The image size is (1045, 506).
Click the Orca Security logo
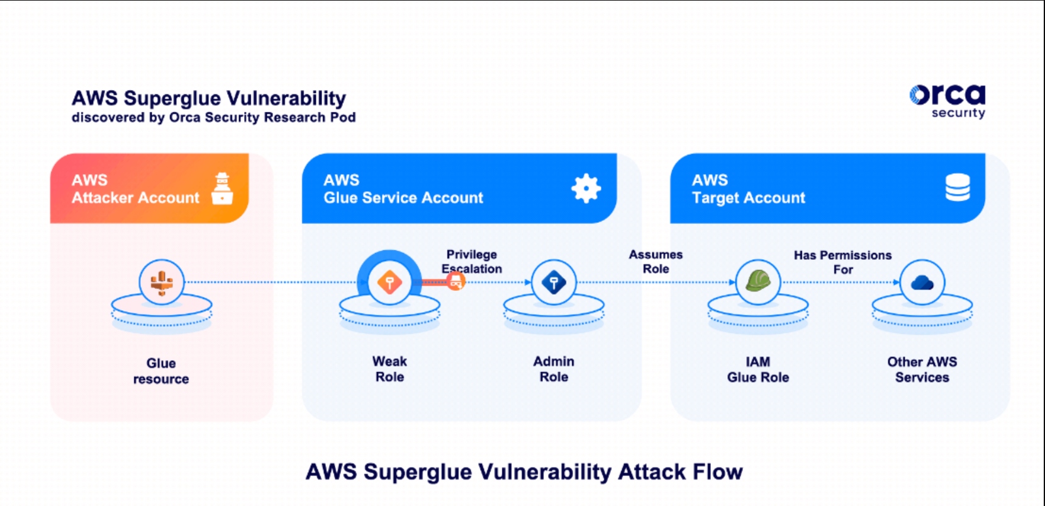[947, 101]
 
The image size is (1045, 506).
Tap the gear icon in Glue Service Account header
[586, 188]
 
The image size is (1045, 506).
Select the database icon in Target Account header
[957, 188]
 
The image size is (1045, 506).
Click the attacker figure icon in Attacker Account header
[222, 188]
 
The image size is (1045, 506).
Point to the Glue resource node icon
[162, 283]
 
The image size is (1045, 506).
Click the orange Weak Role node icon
[389, 283]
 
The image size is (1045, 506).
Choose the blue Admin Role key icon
[554, 283]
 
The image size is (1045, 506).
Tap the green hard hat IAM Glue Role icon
[758, 281]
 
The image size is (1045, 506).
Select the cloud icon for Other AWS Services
[922, 283]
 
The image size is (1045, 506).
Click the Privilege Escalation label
[472, 261]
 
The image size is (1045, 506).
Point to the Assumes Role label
[656, 261]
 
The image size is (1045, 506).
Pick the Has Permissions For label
[842, 262]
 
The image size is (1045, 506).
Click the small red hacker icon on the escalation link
[455, 282]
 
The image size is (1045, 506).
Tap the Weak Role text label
[389, 369]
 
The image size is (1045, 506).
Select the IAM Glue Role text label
[757, 369]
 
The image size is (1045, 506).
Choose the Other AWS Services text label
[922, 369]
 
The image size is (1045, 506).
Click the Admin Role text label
[554, 369]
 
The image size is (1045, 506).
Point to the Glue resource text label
[161, 371]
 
